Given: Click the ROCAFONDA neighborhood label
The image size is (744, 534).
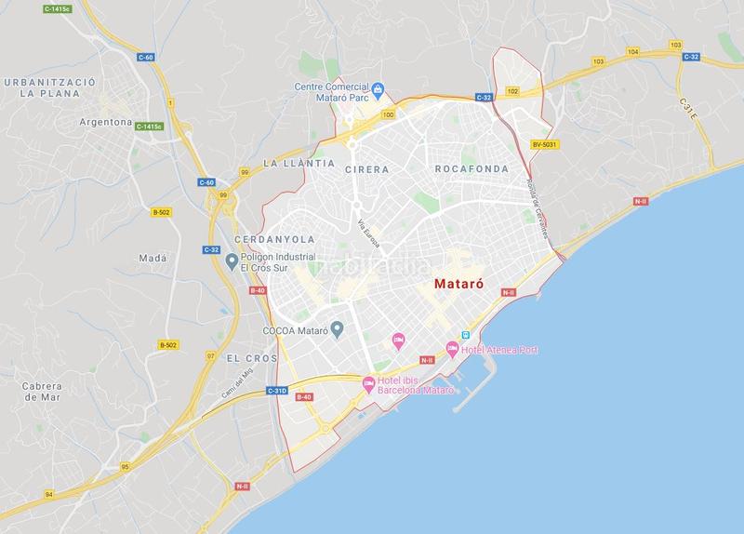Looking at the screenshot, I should (x=472, y=169).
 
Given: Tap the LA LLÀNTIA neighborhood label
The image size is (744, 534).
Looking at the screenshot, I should (x=299, y=163).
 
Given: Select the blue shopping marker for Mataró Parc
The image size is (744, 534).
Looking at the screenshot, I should (x=379, y=89).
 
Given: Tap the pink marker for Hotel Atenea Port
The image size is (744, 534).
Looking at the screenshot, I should (x=453, y=350).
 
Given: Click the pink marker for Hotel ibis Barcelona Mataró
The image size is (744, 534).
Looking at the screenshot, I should (x=367, y=382).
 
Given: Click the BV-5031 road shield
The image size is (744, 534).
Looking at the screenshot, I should (x=545, y=144).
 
